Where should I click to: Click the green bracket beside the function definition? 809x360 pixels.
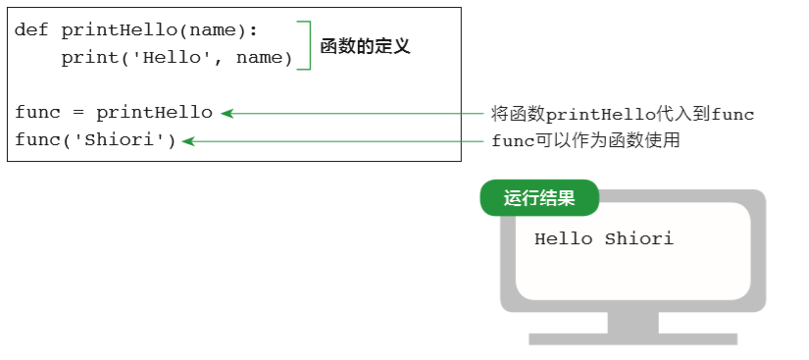click(308, 45)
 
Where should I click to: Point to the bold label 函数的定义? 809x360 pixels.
click(365, 46)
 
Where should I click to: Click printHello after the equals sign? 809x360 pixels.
click(154, 113)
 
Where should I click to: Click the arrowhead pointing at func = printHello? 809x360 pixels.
click(227, 113)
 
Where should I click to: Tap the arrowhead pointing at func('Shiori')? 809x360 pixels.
click(187, 141)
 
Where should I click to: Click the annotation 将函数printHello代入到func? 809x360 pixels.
click(623, 114)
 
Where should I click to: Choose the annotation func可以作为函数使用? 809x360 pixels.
click(585, 141)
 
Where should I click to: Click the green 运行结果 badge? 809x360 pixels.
click(539, 198)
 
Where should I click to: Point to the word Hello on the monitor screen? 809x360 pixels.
click(563, 238)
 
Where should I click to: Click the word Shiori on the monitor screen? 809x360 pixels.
click(638, 238)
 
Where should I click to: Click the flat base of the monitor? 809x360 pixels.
click(632, 339)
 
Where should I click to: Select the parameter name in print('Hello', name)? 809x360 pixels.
click(264, 59)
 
